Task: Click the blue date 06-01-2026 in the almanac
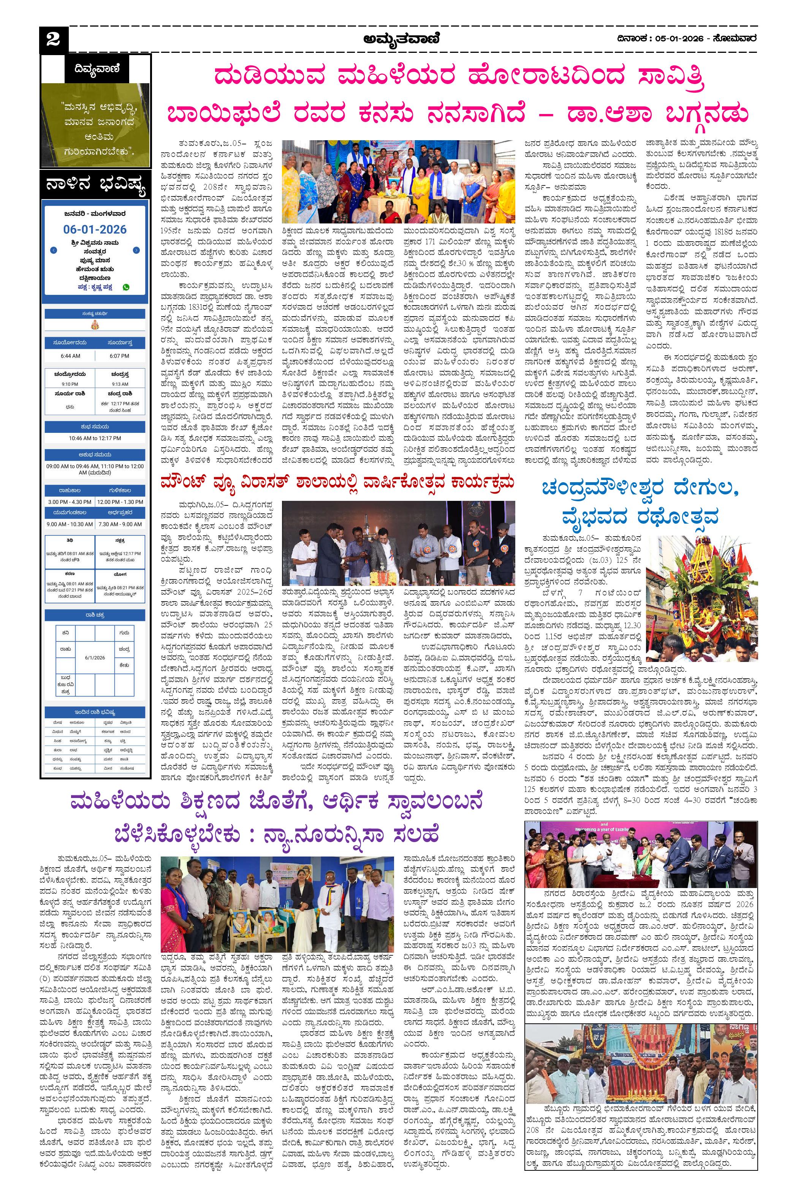pyautogui.click(x=95, y=230)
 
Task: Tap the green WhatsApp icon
pyautogui.click(x=126, y=287)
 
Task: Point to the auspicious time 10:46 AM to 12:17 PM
pyautogui.click(x=95, y=438)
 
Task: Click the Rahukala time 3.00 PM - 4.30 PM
pyautogui.click(x=70, y=502)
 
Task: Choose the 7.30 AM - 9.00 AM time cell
pyautogui.click(x=120, y=524)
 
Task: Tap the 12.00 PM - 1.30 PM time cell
pyautogui.click(x=120, y=502)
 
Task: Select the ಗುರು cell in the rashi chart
pyautogui.click(x=124, y=633)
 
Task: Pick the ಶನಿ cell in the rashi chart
pyautogui.click(x=66, y=633)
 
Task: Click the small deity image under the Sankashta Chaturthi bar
pyautogui.click(x=95, y=325)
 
